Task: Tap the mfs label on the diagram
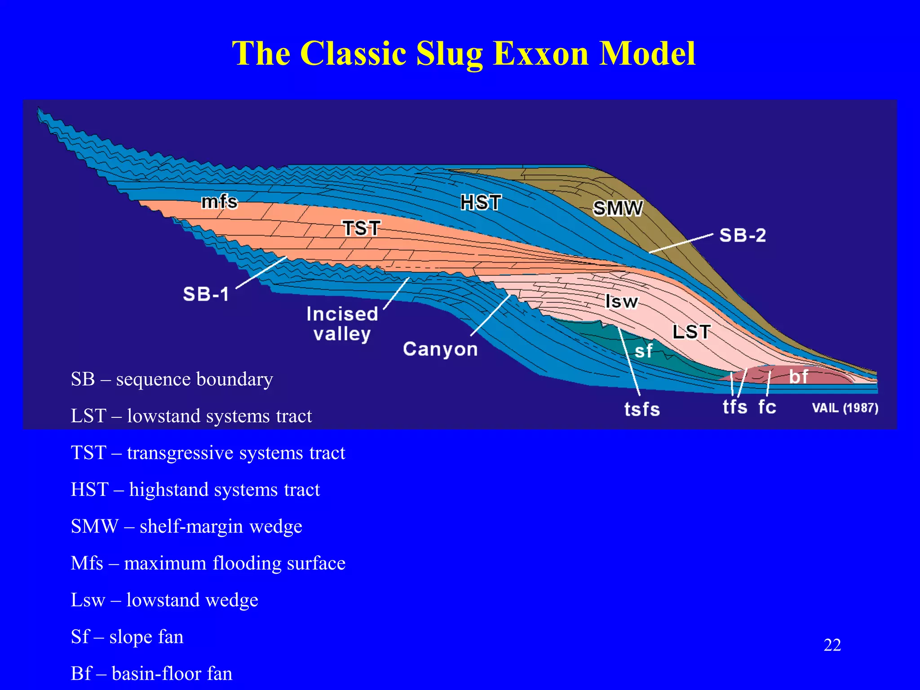coord(219,202)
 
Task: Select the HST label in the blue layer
coord(481,203)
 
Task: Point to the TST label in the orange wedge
coord(362,228)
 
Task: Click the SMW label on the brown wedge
coord(618,208)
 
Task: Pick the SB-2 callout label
coord(742,235)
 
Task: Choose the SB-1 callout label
coord(206,294)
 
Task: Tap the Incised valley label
coord(342,324)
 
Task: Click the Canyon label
coord(440,349)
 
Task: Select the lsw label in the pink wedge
coord(621,301)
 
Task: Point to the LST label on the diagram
coord(691,332)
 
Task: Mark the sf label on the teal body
coord(643,351)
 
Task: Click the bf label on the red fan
coord(798,376)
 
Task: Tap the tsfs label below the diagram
coord(642,409)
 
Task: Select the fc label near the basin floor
coord(767,407)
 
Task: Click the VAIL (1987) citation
coord(845,408)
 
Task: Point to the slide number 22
coord(832,645)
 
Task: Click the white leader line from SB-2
coord(681,243)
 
